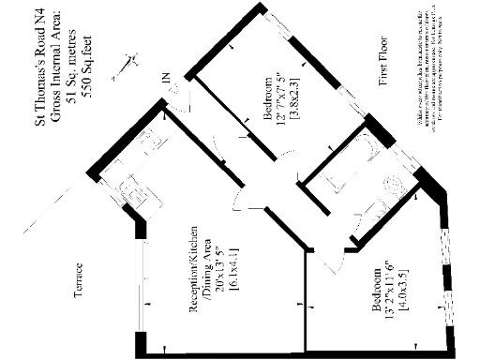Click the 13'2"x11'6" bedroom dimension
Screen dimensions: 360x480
[x=387, y=298]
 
